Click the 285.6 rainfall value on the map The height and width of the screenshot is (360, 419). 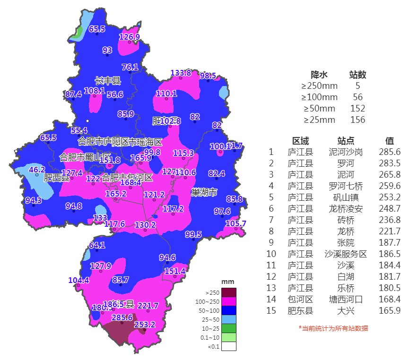coord(122,317)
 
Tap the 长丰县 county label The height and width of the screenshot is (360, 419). coord(108,81)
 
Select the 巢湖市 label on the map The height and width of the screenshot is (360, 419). coord(204,192)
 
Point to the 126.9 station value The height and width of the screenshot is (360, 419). coord(129,37)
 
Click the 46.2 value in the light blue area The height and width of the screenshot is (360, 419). coord(37,170)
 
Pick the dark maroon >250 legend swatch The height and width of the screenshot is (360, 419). coord(229,292)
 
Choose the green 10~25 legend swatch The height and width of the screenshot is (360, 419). coord(229,328)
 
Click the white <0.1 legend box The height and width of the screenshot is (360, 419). coord(229,346)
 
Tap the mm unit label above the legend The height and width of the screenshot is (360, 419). coord(227,282)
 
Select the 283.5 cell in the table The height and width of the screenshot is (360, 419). coord(390,163)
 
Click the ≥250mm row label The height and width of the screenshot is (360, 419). coord(320,86)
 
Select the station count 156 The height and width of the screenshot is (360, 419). coord(358,120)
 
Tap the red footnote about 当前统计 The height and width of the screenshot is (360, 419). coord(333,328)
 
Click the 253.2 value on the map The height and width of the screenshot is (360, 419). coord(144,325)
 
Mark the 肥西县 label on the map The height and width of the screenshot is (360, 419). coord(56,178)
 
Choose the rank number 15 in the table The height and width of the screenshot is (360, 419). coord(271,310)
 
